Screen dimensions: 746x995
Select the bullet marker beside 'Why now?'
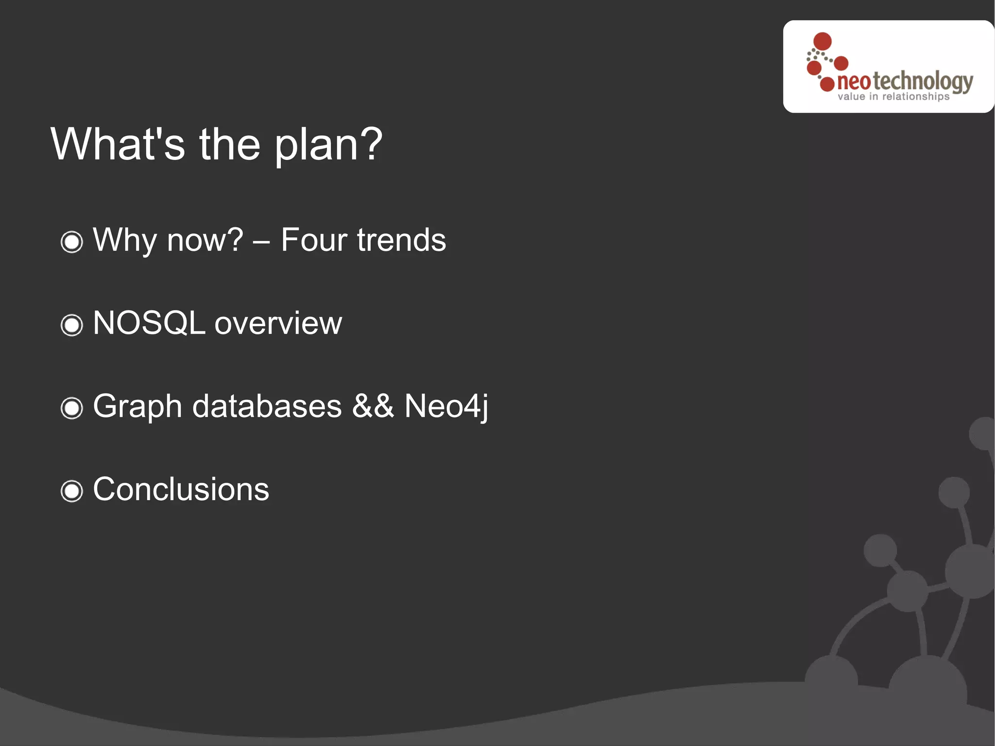(72, 242)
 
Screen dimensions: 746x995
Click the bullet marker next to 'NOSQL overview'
(72, 325)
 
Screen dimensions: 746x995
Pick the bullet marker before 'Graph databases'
(72, 408)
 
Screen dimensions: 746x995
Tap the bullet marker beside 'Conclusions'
(72, 491)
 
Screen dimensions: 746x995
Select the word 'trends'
(401, 240)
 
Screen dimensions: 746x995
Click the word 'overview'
(278, 324)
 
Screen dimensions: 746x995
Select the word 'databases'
(267, 406)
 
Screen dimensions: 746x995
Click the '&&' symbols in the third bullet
(373, 406)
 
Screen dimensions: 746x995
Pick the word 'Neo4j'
(446, 406)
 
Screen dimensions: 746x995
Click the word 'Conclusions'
(181, 489)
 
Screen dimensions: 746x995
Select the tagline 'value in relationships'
(893, 97)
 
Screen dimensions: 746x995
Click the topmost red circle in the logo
(822, 41)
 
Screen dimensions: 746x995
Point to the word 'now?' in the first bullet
(205, 240)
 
